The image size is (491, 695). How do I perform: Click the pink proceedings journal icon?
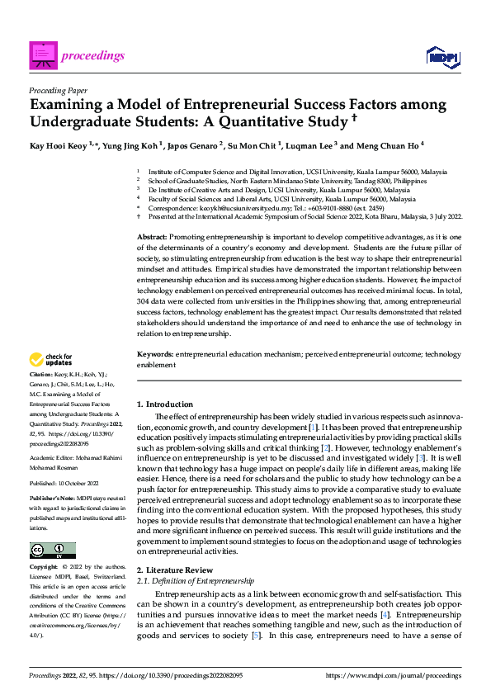pos(42,55)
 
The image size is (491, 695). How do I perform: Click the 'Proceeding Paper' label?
pos(58,91)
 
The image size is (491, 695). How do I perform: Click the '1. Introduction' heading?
pos(164,404)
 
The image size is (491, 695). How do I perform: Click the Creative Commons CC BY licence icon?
pos(53,551)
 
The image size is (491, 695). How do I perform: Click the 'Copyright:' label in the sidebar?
pos(45,569)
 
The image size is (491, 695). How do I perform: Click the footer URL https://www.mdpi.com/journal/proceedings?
pos(394,675)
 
